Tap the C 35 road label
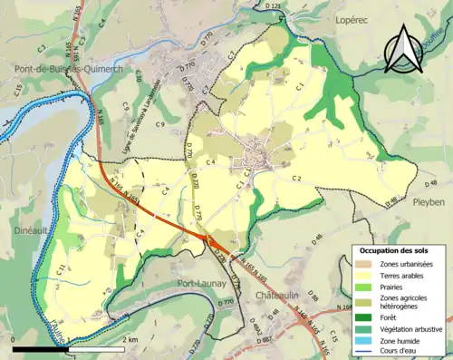tap(19, 89)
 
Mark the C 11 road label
tap(59, 268)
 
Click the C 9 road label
tap(159, 123)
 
